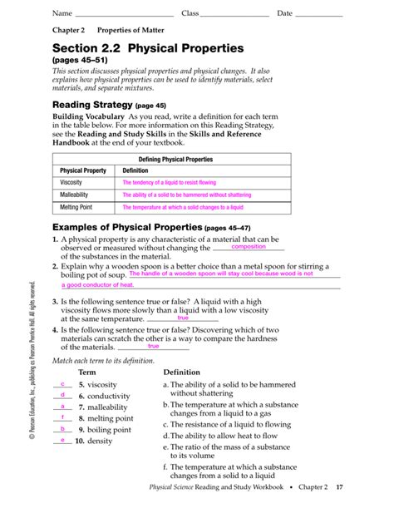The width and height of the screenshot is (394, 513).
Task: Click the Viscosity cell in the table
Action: (x=71, y=182)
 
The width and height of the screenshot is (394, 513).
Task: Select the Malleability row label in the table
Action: (x=75, y=195)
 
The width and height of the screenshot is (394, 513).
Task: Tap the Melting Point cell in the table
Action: (x=76, y=207)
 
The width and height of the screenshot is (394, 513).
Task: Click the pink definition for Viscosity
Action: (x=169, y=182)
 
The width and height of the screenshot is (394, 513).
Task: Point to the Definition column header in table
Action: (x=135, y=170)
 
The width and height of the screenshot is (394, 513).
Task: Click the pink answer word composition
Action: (x=249, y=247)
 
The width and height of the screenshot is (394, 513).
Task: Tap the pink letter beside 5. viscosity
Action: (x=63, y=383)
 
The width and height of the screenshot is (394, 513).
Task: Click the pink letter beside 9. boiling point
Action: (x=63, y=428)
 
